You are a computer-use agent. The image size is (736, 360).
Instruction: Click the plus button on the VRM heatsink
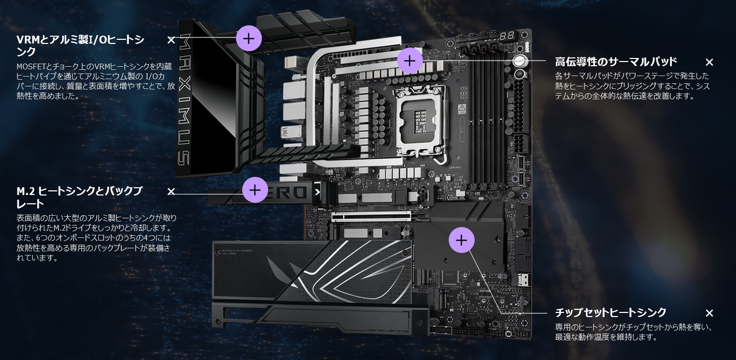tap(249, 38)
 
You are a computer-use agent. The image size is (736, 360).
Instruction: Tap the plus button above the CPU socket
tap(409, 61)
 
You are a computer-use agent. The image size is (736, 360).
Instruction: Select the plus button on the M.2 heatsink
tap(255, 190)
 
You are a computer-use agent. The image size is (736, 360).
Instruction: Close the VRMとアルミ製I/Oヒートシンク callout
tap(171, 40)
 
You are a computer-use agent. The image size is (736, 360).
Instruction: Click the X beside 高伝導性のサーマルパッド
tap(710, 62)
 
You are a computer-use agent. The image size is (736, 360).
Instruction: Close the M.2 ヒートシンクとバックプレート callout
tap(171, 191)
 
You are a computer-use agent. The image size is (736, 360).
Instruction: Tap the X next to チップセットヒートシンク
tap(710, 313)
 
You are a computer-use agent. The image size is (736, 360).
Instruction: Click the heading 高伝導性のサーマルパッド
tap(616, 62)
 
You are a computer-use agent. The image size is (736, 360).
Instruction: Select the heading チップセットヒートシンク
tap(610, 312)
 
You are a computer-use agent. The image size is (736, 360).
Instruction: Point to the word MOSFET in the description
tap(31, 67)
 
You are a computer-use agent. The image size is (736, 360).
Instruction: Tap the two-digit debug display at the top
tap(507, 36)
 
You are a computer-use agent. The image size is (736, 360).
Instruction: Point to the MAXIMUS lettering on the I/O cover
tap(184, 99)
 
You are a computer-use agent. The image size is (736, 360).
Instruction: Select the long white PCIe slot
tap(371, 216)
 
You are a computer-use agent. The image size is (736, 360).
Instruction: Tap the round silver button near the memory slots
tap(520, 61)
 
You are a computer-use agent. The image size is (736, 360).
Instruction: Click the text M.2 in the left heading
tap(26, 191)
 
